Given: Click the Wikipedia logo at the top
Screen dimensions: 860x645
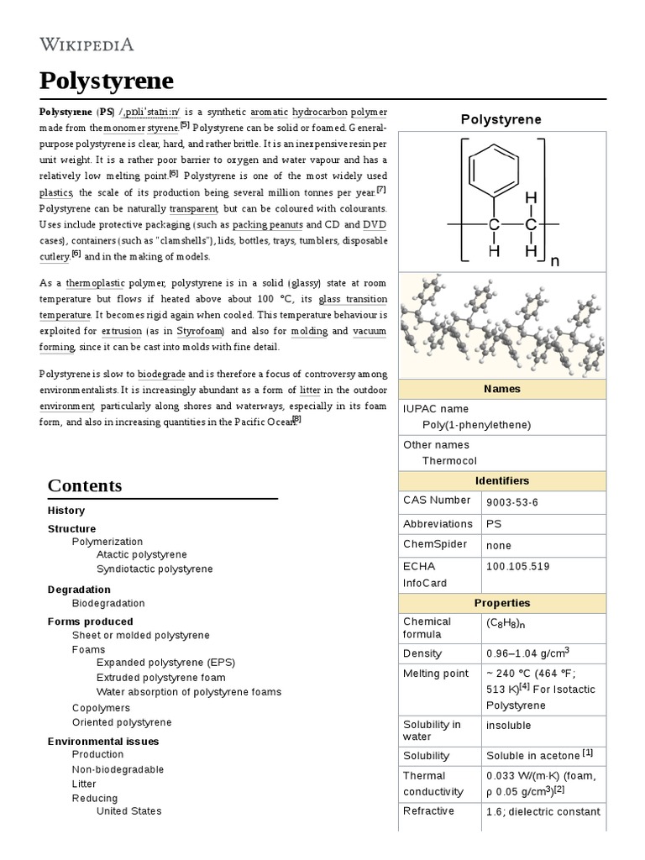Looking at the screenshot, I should pos(87,44).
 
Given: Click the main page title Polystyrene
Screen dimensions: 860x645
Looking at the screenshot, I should pos(107,81).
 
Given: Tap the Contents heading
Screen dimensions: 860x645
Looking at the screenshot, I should pos(85,485).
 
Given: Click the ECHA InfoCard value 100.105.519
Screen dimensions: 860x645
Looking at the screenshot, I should pos(517,566).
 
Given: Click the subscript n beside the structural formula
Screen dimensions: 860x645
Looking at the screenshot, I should pos(554,262).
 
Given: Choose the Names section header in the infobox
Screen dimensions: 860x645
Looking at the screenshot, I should pos(501,389).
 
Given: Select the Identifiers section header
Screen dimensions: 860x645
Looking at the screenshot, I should pos(501,480).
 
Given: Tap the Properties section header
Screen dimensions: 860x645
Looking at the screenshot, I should pos(501,603).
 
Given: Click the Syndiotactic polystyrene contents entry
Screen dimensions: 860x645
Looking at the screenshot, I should pos(155,569).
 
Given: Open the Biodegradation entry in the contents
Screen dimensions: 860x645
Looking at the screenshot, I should pos(108,603).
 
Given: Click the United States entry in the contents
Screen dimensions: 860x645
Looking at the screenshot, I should pos(128,811).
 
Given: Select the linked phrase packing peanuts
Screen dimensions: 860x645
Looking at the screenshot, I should pos(267,225).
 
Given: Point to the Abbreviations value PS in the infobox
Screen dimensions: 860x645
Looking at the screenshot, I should pos(493,523).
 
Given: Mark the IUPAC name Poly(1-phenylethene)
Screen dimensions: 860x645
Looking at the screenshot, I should pos(476,425).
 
